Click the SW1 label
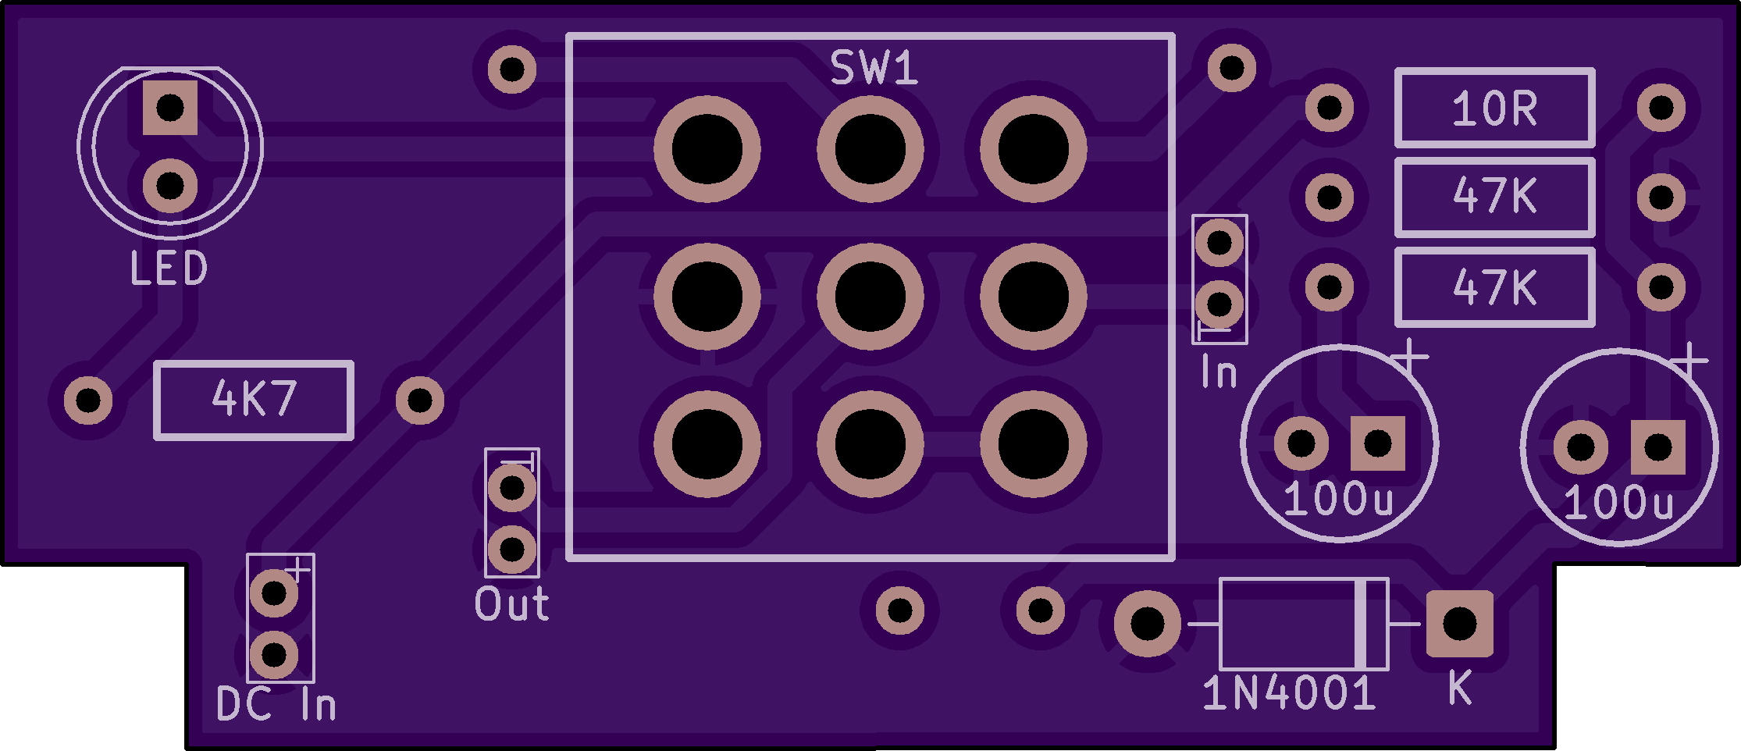[x=873, y=69]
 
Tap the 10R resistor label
[x=1494, y=109]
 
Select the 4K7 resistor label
[x=254, y=399]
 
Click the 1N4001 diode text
[x=1289, y=693]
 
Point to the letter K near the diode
[x=1459, y=689]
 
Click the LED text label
[x=169, y=269]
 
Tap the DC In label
[x=276, y=704]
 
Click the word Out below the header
[x=512, y=604]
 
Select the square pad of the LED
[x=170, y=108]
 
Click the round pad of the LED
[x=170, y=186]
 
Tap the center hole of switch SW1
[x=870, y=297]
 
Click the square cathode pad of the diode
[x=1459, y=624]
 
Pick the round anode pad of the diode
[x=1147, y=624]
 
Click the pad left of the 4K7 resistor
[x=88, y=400]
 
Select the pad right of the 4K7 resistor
[x=420, y=400]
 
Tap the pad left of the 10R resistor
[x=1329, y=108]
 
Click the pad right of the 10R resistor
[x=1661, y=108]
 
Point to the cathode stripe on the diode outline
[x=1362, y=624]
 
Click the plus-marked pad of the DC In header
[x=274, y=593]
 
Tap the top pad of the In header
[x=1219, y=243]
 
